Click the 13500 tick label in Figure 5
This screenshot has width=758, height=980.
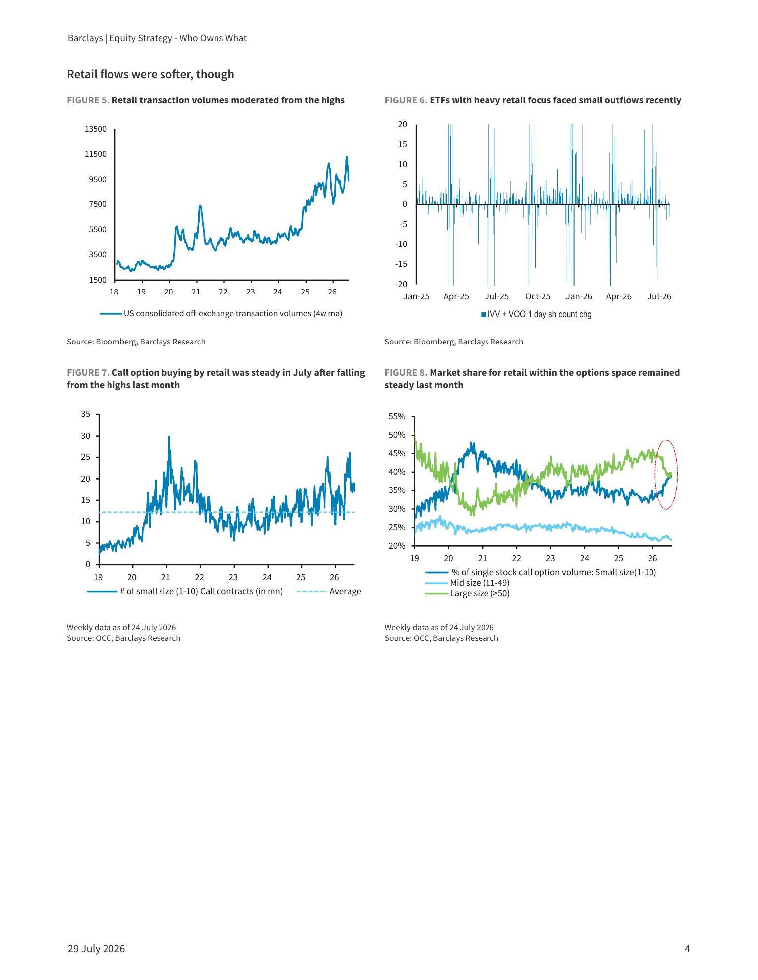coord(96,129)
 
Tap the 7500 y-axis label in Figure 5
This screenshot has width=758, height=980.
coord(98,204)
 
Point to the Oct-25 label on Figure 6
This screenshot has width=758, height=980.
coord(538,297)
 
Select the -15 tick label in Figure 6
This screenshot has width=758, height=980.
coord(401,264)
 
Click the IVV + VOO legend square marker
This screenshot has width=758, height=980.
coord(484,315)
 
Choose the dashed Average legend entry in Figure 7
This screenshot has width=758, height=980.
coord(329,592)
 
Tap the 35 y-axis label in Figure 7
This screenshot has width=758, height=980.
coord(86,414)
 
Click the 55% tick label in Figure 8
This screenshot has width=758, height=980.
coord(397,417)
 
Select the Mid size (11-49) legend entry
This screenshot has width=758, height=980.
coord(467,583)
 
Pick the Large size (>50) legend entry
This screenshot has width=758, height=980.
coord(467,594)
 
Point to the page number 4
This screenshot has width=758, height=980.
coord(687,949)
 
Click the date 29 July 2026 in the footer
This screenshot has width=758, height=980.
coord(96,949)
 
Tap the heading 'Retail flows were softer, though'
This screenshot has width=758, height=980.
coord(151,75)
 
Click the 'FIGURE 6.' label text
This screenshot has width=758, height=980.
coord(406,100)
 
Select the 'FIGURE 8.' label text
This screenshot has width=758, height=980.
coord(406,373)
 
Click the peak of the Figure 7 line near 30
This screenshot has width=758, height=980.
coord(169,437)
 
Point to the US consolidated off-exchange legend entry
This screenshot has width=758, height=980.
coord(221,314)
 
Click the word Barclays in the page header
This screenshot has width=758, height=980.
coord(85,38)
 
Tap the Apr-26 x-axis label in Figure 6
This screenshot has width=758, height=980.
coord(619,297)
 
